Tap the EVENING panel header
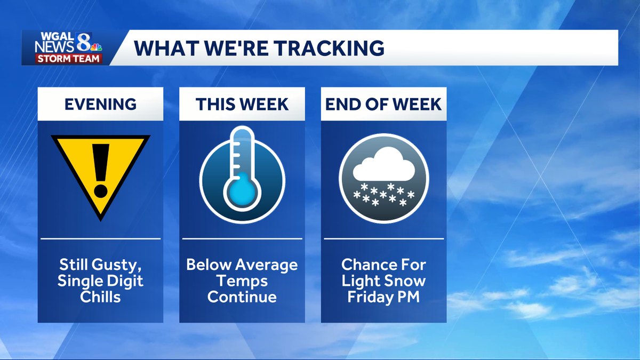pyautogui.click(x=100, y=104)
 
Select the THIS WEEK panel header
pyautogui.click(x=242, y=104)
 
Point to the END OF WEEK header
pyautogui.click(x=383, y=104)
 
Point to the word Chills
pyautogui.click(x=100, y=297)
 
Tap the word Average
pyautogui.click(x=266, y=265)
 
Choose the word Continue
pyautogui.click(x=242, y=297)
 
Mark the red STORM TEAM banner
pyautogui.click(x=69, y=59)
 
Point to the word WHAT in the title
pyautogui.click(x=161, y=48)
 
